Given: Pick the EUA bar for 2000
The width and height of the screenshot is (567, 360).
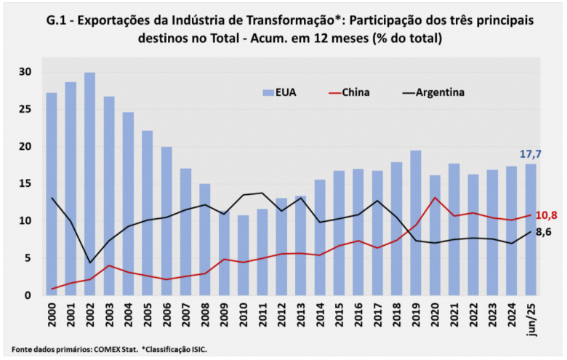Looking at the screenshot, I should [52, 193].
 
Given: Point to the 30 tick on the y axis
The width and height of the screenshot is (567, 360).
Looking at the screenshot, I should [26, 72].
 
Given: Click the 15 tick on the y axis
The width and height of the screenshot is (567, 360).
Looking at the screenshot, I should [26, 184].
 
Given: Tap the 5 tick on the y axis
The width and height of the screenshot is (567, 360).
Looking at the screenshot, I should [29, 258].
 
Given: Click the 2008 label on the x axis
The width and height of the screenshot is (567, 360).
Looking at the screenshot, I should [206, 317].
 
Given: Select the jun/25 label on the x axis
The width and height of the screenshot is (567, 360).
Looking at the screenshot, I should [532, 319].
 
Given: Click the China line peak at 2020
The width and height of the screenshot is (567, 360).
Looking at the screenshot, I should [435, 198].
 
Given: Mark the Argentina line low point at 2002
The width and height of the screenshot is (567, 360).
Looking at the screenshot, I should [90, 263].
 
